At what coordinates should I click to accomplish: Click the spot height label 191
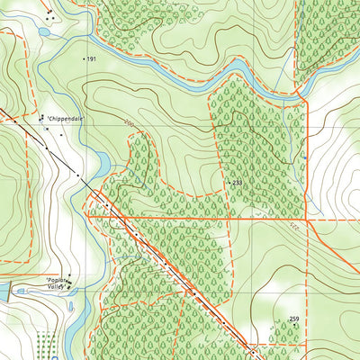coord(92,58)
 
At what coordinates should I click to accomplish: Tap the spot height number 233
coord(238,183)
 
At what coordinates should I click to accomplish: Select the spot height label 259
coord(293,319)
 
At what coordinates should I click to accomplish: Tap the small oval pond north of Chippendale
coord(44,32)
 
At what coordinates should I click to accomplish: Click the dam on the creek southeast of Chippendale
coord(103,165)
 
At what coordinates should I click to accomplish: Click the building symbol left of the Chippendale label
coord(40,117)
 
